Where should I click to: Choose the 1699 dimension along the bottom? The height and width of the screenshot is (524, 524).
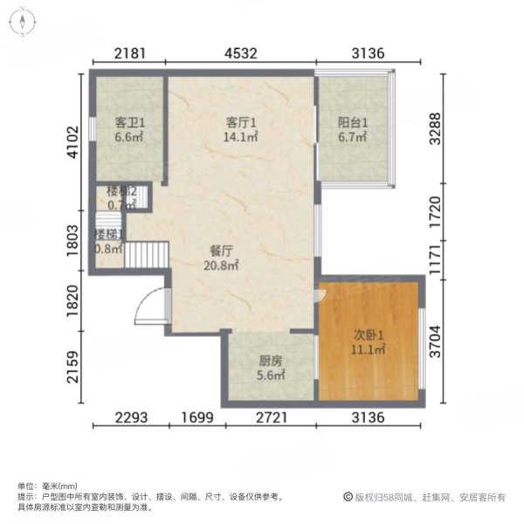click(x=199, y=417)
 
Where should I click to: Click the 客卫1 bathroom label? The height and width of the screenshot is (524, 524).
click(x=128, y=123)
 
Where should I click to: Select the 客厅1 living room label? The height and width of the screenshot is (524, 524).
click(x=241, y=123)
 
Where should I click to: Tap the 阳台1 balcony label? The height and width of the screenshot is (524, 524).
click(x=353, y=123)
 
